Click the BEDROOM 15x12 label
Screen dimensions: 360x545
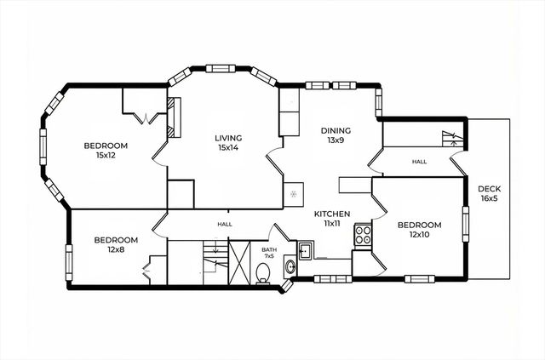(x=105, y=151)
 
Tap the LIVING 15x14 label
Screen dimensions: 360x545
(x=228, y=143)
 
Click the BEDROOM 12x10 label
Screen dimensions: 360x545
(x=416, y=230)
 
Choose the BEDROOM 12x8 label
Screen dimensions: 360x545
(x=116, y=244)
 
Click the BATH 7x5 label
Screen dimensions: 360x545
(x=269, y=252)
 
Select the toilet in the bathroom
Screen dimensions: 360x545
(x=263, y=273)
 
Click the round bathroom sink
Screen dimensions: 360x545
(x=290, y=267)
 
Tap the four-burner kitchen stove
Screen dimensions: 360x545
(x=363, y=234)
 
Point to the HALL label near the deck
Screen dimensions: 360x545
(x=419, y=162)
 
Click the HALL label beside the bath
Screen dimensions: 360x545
(x=225, y=224)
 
